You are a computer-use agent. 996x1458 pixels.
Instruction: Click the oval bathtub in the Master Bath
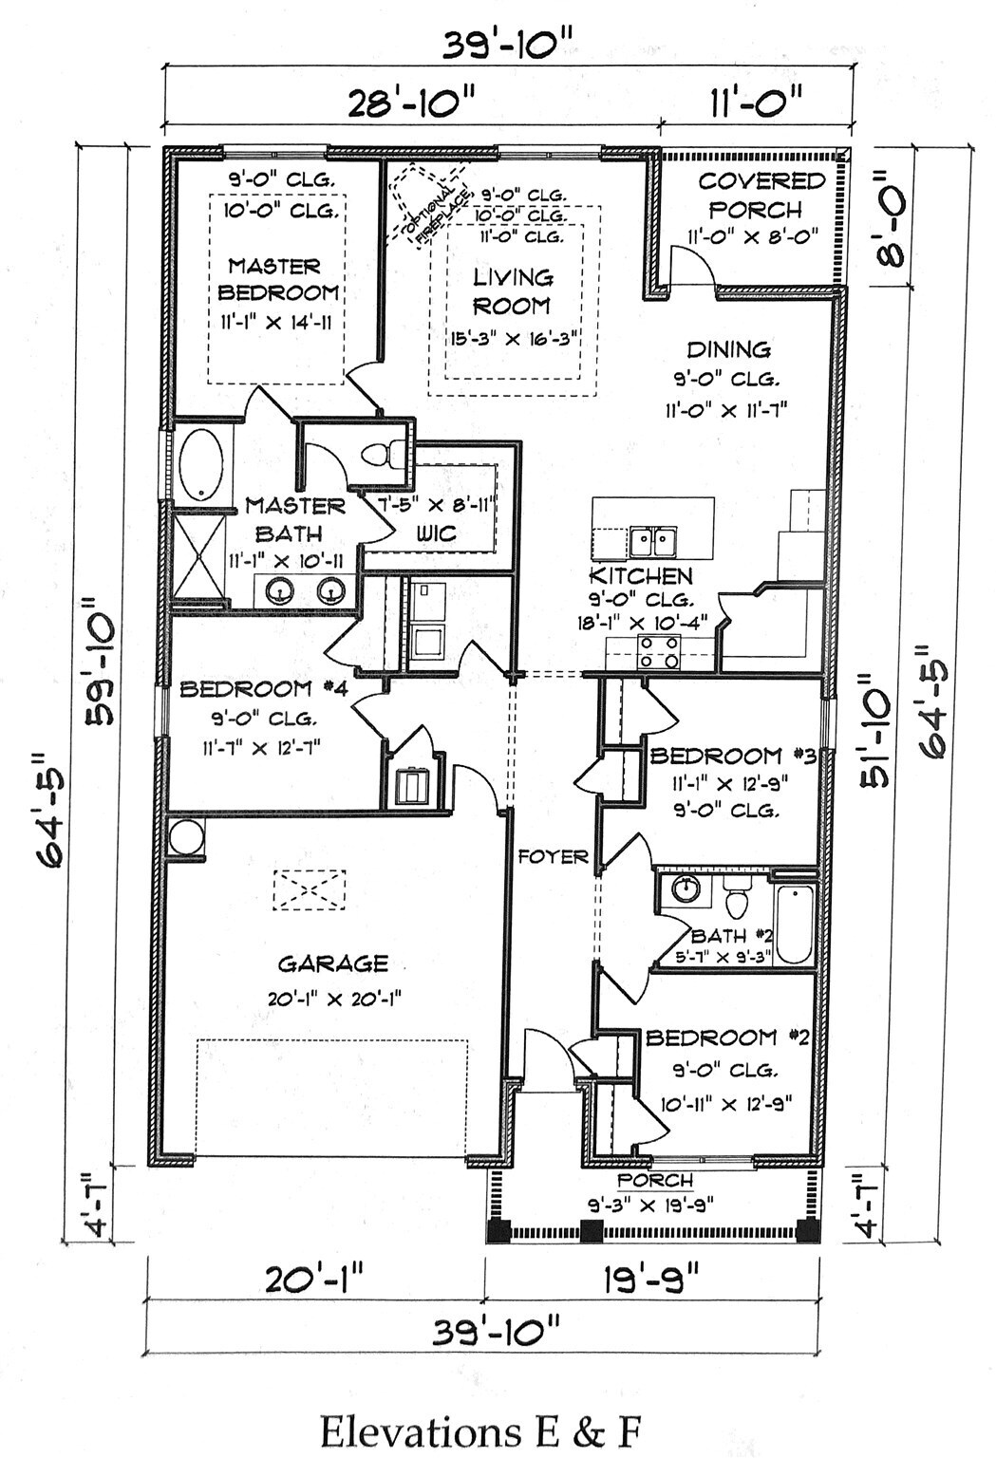(x=200, y=467)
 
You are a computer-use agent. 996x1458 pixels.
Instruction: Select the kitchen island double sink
(x=651, y=542)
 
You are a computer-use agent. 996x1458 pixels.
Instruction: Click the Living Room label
(x=513, y=291)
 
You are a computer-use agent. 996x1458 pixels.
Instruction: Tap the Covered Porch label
(x=758, y=196)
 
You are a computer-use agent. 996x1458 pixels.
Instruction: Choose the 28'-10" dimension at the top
(x=411, y=103)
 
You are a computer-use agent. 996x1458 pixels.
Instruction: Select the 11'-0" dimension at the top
(x=755, y=103)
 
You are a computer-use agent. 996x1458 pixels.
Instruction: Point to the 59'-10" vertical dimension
(x=100, y=669)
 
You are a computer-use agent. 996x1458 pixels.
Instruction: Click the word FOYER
(x=554, y=856)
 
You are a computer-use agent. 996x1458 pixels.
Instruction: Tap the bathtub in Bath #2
(x=796, y=923)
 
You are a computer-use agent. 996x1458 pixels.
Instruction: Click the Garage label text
(x=333, y=963)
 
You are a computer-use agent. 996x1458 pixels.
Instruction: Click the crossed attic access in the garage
(x=310, y=889)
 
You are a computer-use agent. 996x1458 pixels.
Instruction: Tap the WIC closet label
(x=436, y=534)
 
